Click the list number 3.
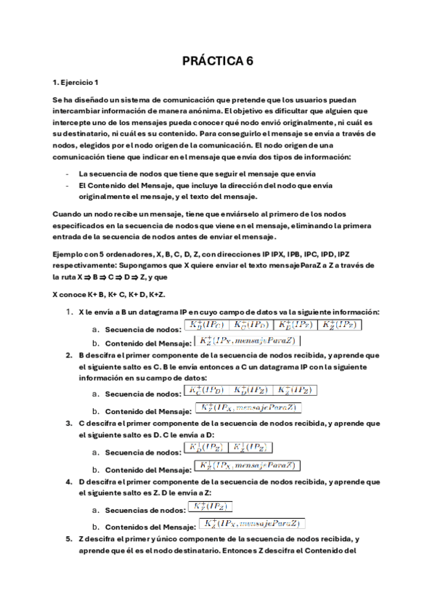69,423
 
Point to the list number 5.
69,540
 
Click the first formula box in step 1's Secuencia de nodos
207,325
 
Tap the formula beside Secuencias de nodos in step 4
211,507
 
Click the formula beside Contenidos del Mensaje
252,523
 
